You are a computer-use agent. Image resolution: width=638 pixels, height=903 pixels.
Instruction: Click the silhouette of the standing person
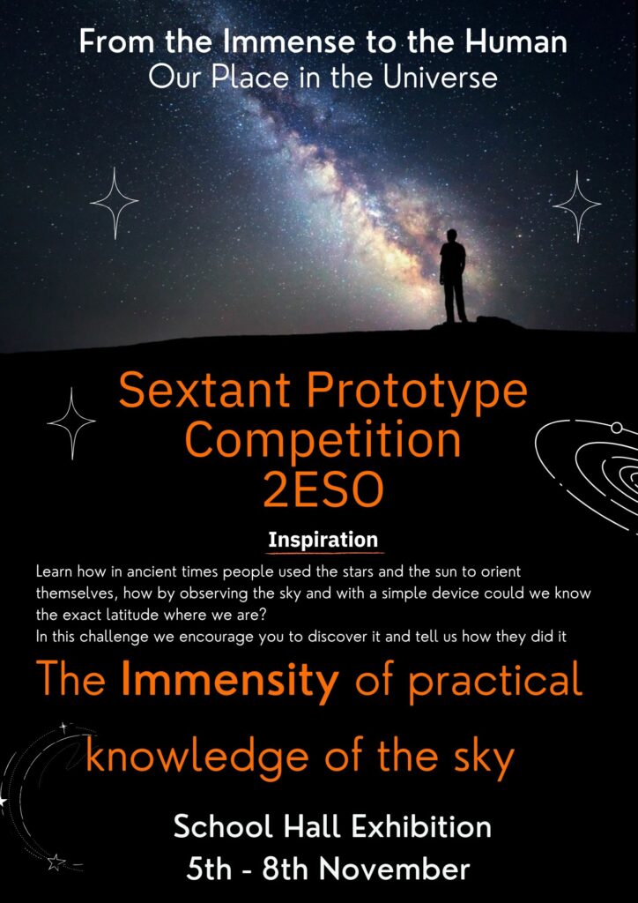(x=453, y=276)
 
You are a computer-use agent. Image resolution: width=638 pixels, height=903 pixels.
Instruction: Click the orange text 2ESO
(x=323, y=490)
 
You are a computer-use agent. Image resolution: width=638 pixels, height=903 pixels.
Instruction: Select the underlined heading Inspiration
(x=323, y=541)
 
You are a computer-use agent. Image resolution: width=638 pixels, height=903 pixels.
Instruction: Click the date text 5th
(x=211, y=869)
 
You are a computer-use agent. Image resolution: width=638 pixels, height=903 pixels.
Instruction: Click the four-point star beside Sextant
(x=71, y=423)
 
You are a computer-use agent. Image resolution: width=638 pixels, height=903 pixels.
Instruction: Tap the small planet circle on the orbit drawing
(x=616, y=428)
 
